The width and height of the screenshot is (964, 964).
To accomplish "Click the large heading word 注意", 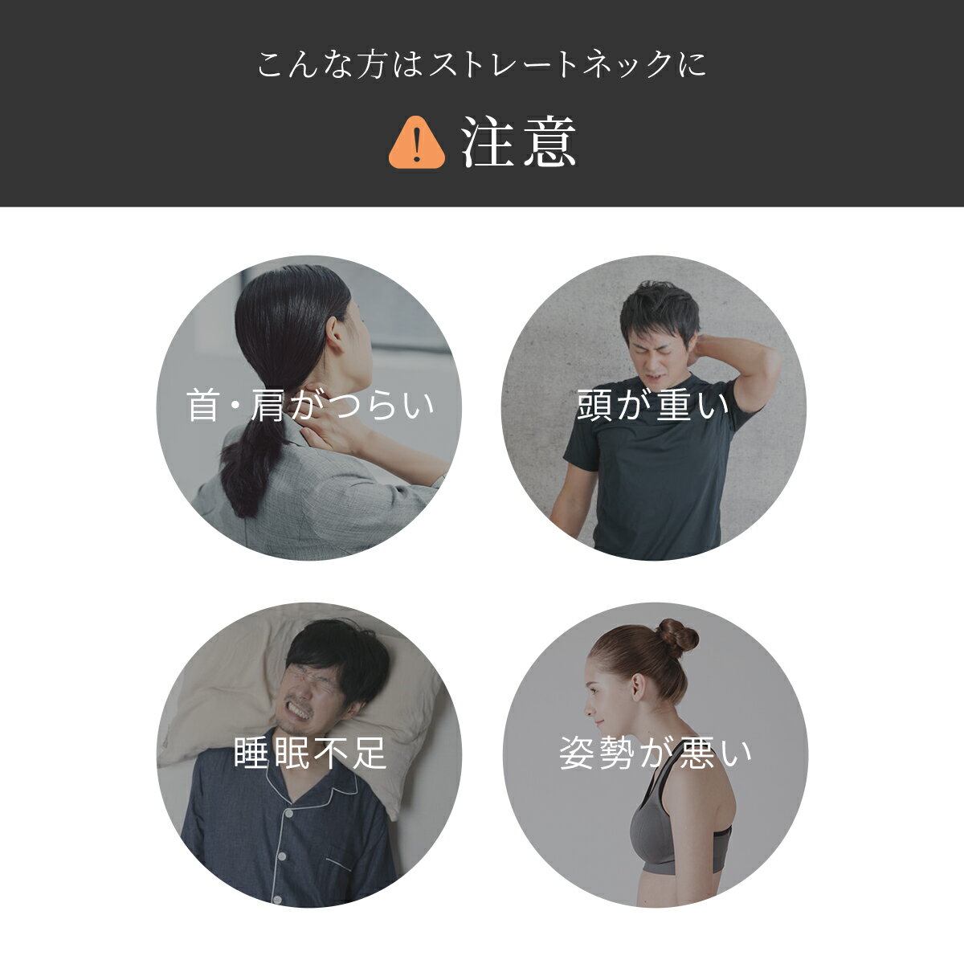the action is (519, 142).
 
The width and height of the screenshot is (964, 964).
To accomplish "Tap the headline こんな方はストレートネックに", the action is (481, 64).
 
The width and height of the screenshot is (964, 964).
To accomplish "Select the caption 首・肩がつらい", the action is (310, 405).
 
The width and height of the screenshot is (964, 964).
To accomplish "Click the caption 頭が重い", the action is (653, 405).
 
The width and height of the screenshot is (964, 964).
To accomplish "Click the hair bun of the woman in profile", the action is (677, 639).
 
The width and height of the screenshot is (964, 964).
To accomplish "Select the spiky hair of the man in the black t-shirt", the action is (660, 307).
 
